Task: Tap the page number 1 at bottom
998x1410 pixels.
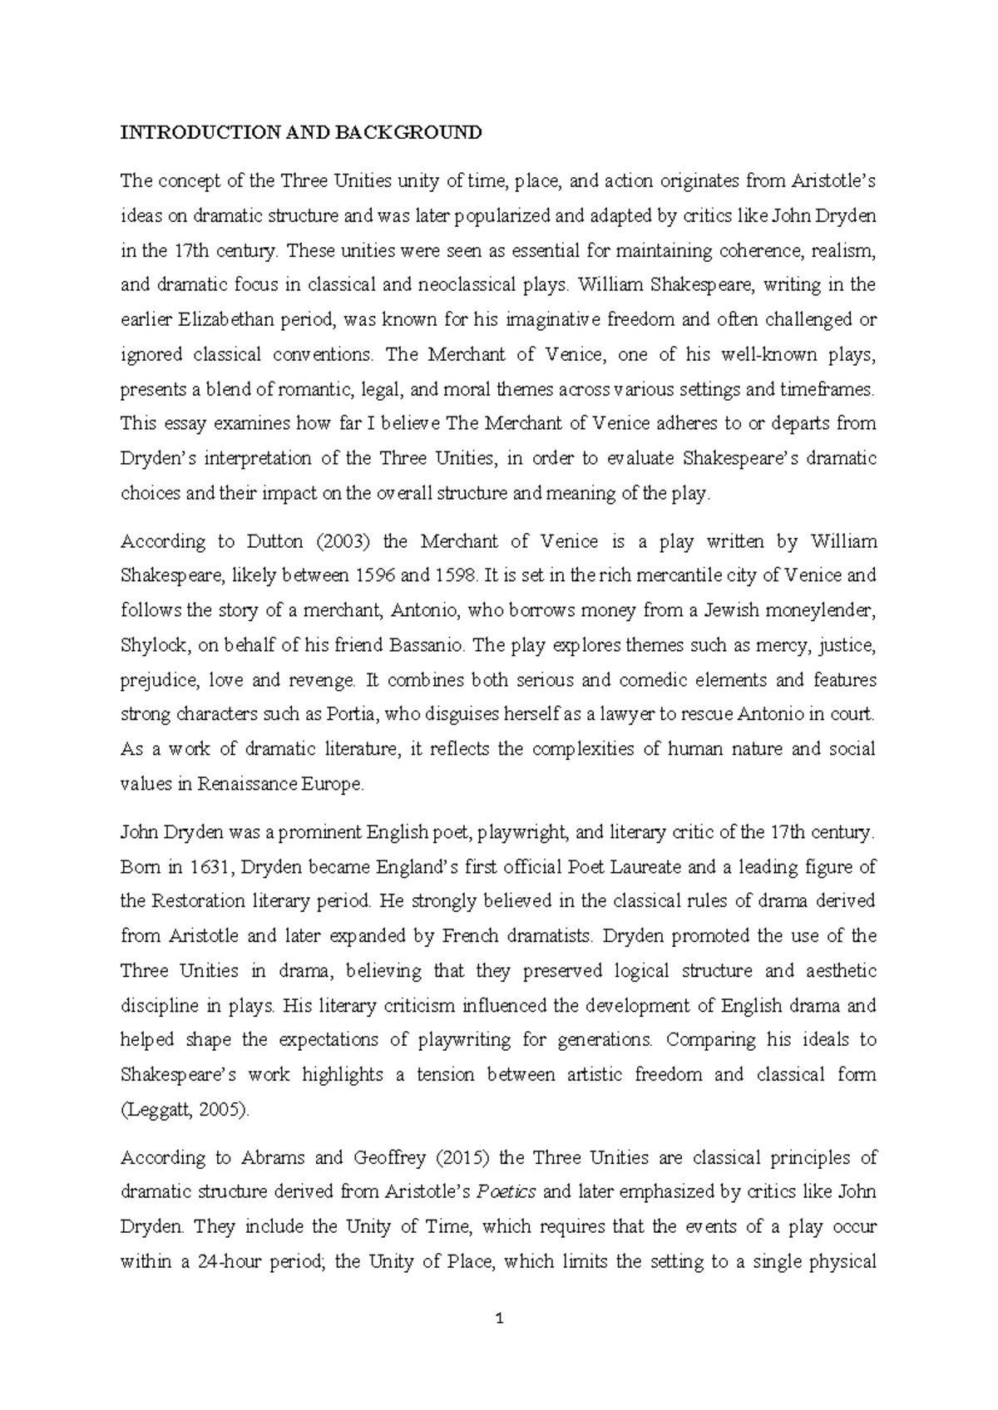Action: pyautogui.click(x=499, y=1319)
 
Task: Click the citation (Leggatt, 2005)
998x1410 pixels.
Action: pyautogui.click(x=185, y=1110)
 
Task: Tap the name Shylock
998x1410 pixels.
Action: pyautogui.click(x=151, y=646)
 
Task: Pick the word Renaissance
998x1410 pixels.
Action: pyautogui.click(x=210, y=785)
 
